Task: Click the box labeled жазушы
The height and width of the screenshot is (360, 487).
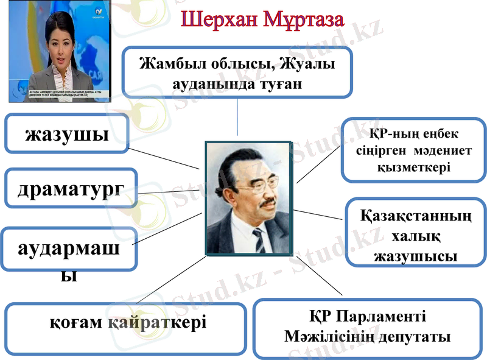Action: (67, 133)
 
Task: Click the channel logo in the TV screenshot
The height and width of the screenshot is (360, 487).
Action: (97, 12)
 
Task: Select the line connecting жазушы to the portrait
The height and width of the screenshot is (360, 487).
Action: (164, 157)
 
